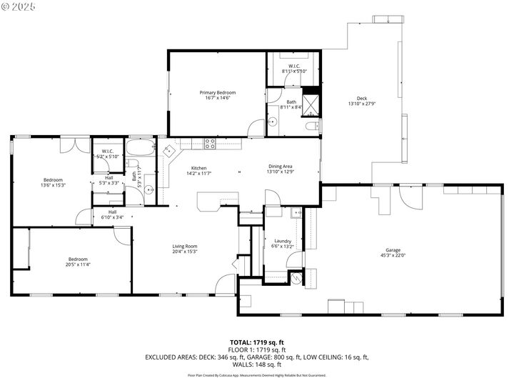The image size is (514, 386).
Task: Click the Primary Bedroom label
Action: tap(217, 93)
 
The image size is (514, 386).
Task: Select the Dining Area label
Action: tap(280, 166)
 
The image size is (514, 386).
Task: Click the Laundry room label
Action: tap(283, 242)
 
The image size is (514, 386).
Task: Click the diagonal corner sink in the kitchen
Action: tap(168, 152)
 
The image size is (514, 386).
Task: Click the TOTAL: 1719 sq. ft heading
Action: tap(257, 342)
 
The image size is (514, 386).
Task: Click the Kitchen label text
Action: tap(198, 168)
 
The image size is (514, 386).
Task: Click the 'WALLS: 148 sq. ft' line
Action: tap(257, 364)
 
